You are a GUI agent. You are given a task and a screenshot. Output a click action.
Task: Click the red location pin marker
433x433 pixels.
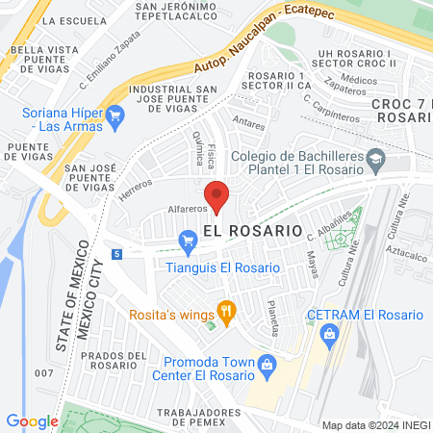tap(217, 195)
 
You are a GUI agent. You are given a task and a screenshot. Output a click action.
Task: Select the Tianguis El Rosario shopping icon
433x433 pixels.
tap(188, 241)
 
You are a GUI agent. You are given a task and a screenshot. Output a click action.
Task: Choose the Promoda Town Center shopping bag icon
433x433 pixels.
tap(268, 364)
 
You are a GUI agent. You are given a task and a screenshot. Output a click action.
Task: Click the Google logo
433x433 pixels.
tap(32, 420)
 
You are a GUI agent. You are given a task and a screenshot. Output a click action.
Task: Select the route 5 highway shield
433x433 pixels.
tap(116, 254)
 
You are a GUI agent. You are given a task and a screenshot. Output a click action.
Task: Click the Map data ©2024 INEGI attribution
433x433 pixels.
tap(373, 424)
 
